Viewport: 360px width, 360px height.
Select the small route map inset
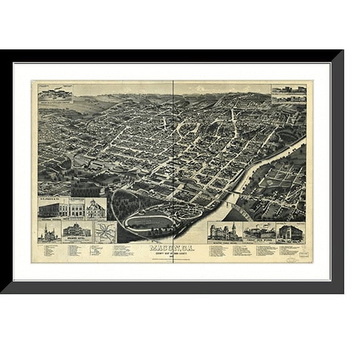(x=105, y=232)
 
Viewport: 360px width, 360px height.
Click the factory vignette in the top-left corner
(x=55, y=92)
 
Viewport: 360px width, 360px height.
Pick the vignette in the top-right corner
(x=289, y=94)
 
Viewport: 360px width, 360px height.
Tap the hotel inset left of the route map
(x=76, y=231)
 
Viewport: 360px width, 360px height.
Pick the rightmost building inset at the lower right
(x=290, y=232)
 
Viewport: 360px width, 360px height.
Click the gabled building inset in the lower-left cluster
(x=95, y=208)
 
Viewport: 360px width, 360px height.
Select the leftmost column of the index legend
(x=46, y=251)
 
